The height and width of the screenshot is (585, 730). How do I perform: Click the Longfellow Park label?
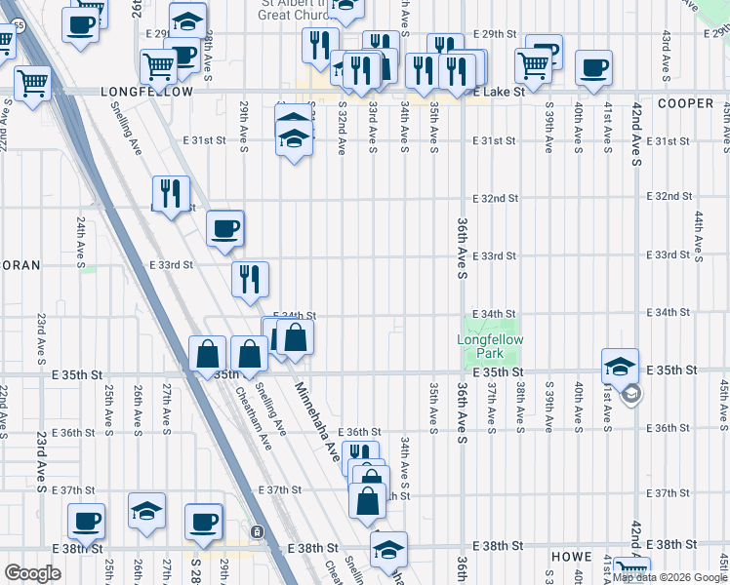click(490, 345)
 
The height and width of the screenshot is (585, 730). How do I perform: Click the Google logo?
click(32, 573)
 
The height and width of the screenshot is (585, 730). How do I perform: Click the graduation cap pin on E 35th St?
click(620, 367)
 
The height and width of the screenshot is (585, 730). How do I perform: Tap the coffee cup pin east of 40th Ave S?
click(593, 68)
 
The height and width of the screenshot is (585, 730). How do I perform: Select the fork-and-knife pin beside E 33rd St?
click(250, 279)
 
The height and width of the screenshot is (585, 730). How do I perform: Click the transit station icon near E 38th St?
click(256, 532)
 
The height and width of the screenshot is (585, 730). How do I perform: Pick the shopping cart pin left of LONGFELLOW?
click(32, 83)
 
